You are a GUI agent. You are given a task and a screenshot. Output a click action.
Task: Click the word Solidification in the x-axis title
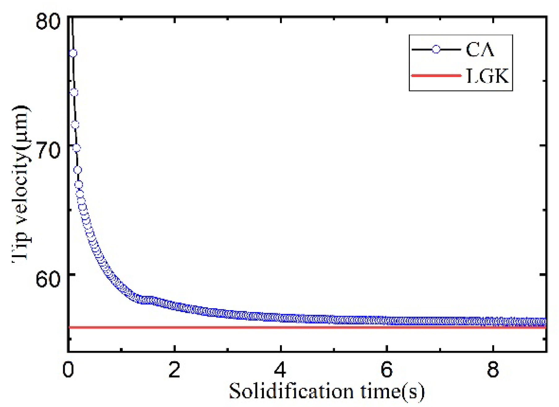click(291, 391)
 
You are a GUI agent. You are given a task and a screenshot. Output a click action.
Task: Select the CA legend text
click(480, 49)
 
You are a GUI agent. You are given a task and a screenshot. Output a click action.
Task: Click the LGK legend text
click(487, 76)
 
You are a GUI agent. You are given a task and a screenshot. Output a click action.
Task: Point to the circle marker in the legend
click(436, 49)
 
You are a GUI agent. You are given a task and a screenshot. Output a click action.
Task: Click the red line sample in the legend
click(436, 76)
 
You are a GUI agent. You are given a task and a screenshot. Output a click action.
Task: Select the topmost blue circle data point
click(73, 53)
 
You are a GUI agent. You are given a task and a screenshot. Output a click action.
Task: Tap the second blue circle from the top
click(74, 92)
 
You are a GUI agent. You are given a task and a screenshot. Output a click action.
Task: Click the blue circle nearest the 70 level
click(76, 148)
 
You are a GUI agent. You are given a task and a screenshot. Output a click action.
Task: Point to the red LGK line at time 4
click(281, 327)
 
